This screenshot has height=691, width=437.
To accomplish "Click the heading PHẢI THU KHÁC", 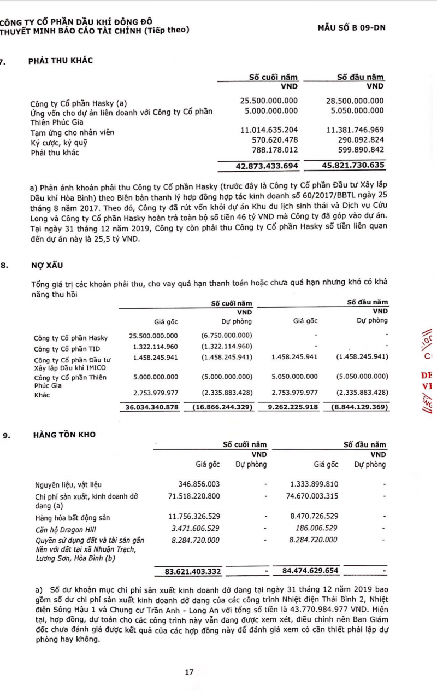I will click(60, 61).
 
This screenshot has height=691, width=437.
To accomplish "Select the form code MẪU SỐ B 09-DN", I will click(351, 27).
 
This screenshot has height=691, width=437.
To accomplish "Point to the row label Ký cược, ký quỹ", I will click(58, 143).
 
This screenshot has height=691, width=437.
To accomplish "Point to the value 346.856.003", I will click(199, 484).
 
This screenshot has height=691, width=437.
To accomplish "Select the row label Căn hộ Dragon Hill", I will click(63, 529).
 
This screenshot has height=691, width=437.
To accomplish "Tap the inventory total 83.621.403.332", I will click(192, 571).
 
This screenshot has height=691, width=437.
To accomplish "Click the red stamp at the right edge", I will click(427, 372).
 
